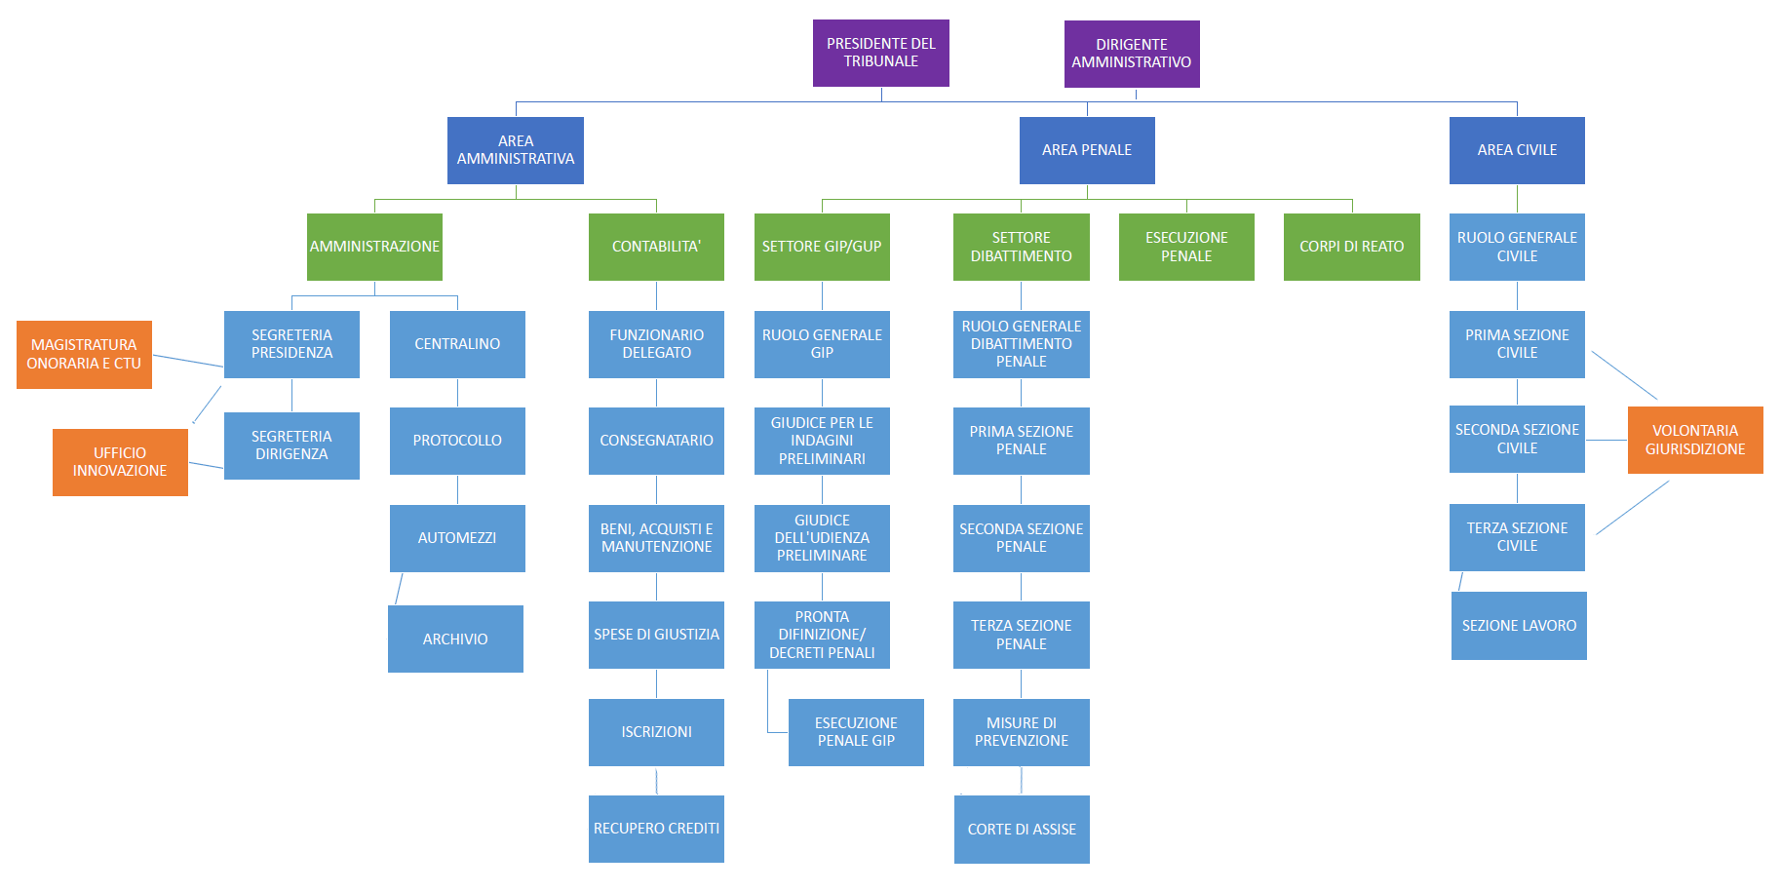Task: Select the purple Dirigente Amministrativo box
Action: (1131, 54)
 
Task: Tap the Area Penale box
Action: (1086, 150)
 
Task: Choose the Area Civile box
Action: (1516, 150)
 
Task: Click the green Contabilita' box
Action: (656, 247)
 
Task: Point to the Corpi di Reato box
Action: (1351, 247)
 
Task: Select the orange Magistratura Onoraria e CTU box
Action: (84, 354)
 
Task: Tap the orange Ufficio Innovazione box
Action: (120, 462)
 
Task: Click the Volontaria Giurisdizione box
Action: (1694, 440)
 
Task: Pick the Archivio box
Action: (455, 639)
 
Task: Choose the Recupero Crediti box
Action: (656, 829)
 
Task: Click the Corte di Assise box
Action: (1022, 829)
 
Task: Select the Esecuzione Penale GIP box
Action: (855, 732)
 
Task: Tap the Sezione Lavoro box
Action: (1518, 626)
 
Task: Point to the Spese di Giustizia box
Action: (656, 635)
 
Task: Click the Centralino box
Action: (457, 344)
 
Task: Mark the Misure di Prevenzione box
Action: (1021, 732)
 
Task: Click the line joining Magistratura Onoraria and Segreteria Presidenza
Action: (188, 361)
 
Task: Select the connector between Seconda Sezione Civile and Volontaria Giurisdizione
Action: (1606, 440)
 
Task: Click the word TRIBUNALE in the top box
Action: (880, 61)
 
